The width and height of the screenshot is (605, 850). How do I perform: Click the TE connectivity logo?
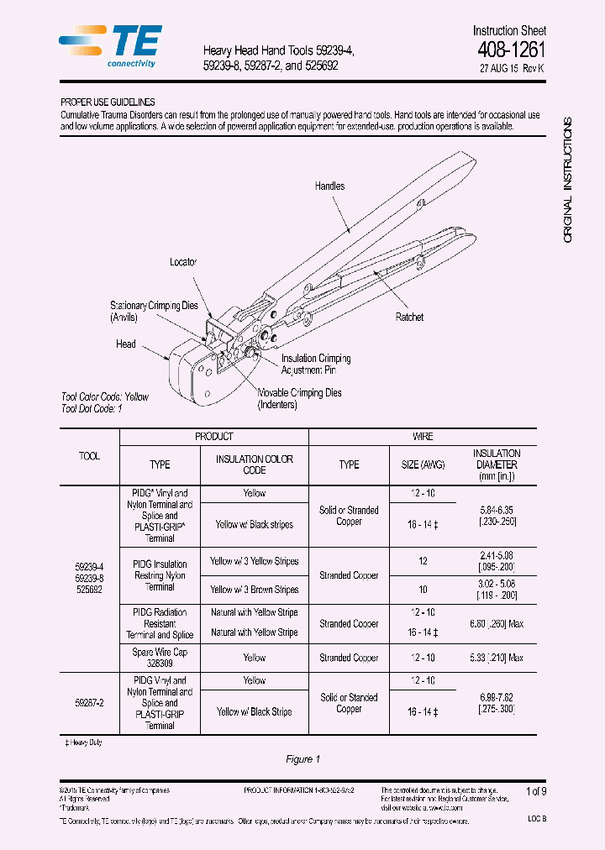click(x=110, y=46)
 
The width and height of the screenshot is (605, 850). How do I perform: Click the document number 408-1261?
click(x=511, y=49)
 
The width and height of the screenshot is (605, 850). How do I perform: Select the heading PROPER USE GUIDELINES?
click(x=108, y=102)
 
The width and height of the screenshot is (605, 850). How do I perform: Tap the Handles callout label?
click(x=329, y=186)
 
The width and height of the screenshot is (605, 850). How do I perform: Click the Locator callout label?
click(x=183, y=262)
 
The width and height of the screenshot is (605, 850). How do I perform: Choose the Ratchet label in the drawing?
click(x=409, y=317)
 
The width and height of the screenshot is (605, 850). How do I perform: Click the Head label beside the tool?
click(x=126, y=344)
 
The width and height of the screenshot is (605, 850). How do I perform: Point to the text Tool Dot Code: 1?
click(x=92, y=408)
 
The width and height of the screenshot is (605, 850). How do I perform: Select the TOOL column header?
click(x=89, y=456)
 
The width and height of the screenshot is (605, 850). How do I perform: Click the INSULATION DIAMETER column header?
click(x=497, y=464)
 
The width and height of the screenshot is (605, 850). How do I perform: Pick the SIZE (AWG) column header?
click(x=423, y=464)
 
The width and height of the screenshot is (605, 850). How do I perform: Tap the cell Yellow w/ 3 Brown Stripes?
click(x=254, y=590)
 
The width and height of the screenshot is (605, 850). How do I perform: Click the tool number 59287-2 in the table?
click(x=89, y=703)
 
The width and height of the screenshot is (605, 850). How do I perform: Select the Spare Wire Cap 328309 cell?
click(x=160, y=658)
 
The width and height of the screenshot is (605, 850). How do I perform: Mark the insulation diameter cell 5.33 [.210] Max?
click(x=497, y=658)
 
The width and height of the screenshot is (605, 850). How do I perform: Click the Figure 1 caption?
click(x=303, y=759)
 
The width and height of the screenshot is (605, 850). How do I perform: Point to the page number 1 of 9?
click(x=536, y=791)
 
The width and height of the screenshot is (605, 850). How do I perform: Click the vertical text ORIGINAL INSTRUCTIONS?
click(x=568, y=181)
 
